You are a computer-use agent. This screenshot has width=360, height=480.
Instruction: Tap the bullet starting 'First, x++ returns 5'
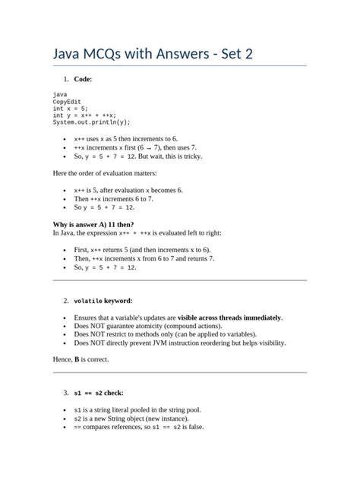(x=143, y=250)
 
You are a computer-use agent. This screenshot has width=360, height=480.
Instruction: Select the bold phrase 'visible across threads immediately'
(x=229, y=317)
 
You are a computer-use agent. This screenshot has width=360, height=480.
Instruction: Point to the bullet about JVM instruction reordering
(x=180, y=343)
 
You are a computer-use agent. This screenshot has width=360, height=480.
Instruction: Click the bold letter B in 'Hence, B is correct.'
(x=76, y=360)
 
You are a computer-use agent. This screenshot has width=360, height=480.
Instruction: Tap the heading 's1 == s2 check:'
(x=99, y=393)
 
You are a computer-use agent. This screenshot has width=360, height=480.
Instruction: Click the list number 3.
(x=65, y=393)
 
